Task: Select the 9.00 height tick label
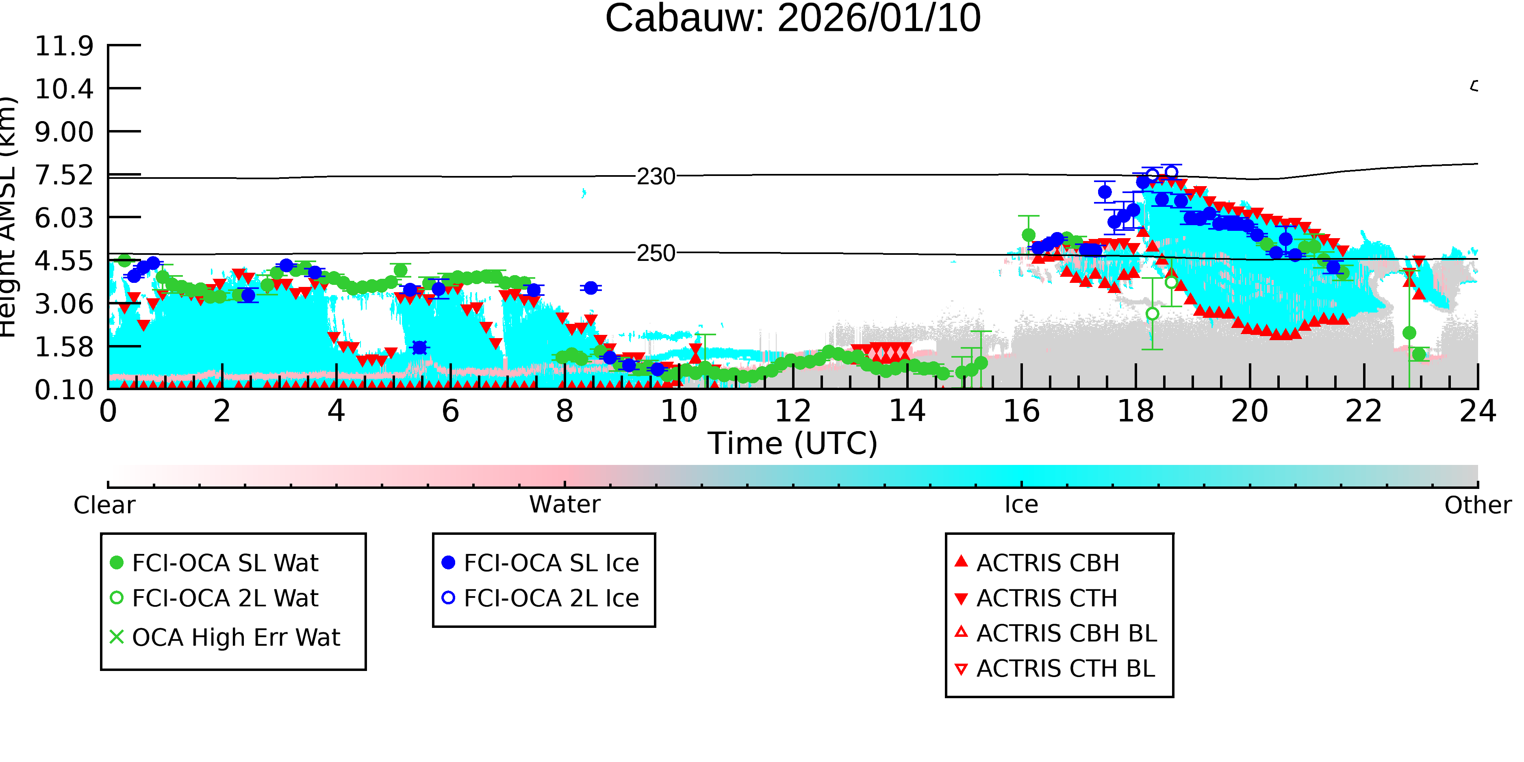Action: click(64, 131)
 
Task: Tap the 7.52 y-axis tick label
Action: click(64, 175)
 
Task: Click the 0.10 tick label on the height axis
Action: click(64, 389)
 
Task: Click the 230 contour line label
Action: click(656, 176)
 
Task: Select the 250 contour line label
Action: click(656, 253)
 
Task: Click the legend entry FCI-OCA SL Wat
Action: click(214, 562)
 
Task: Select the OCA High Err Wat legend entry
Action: click(225, 637)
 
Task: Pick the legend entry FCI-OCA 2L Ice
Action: click(540, 598)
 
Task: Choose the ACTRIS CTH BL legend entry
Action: click(1055, 669)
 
